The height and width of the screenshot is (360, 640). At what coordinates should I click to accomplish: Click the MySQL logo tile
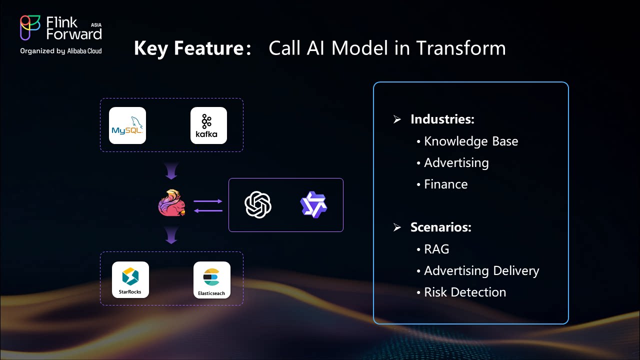pyautogui.click(x=127, y=125)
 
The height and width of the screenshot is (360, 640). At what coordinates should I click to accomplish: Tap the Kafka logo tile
pyautogui.click(x=208, y=125)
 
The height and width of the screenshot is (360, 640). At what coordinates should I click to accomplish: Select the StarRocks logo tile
pyautogui.click(x=130, y=279)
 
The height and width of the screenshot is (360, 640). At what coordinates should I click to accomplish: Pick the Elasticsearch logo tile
pyautogui.click(x=212, y=279)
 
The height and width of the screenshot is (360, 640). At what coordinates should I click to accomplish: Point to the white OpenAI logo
pyautogui.click(x=258, y=205)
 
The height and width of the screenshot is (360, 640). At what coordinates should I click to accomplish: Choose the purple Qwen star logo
pyautogui.click(x=313, y=204)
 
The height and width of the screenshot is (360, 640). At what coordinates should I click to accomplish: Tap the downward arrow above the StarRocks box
pyautogui.click(x=171, y=235)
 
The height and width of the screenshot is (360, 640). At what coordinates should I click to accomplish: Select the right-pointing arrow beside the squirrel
pyautogui.click(x=208, y=201)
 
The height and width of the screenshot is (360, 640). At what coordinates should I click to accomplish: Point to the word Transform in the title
pyautogui.click(x=460, y=48)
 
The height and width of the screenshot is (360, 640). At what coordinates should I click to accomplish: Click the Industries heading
pyautogui.click(x=442, y=119)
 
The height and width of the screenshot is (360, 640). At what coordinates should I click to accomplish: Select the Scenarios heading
pyautogui.click(x=440, y=227)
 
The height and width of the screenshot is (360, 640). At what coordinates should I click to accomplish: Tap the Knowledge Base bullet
pyautogui.click(x=470, y=141)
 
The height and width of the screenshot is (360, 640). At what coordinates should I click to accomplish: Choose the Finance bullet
pyautogui.click(x=445, y=184)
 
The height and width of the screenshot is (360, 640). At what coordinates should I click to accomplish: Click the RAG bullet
pyautogui.click(x=436, y=249)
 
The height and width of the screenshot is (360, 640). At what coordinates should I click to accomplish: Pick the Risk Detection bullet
pyautogui.click(x=464, y=292)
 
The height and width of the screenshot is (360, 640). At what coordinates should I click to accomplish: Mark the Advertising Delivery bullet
pyautogui.click(x=481, y=270)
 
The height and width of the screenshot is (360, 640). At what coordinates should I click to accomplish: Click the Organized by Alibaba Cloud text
pyautogui.click(x=61, y=51)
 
